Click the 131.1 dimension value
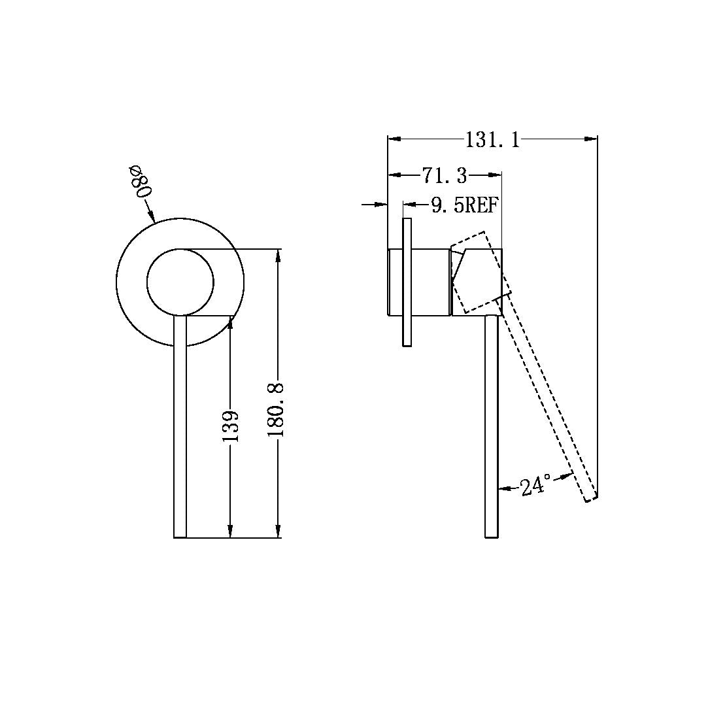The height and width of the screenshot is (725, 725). (492, 139)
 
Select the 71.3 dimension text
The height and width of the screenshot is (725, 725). (445, 175)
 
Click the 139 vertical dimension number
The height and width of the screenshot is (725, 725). (231, 426)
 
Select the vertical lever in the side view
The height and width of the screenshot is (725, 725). (492, 425)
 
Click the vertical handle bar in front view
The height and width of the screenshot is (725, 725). (180, 425)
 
